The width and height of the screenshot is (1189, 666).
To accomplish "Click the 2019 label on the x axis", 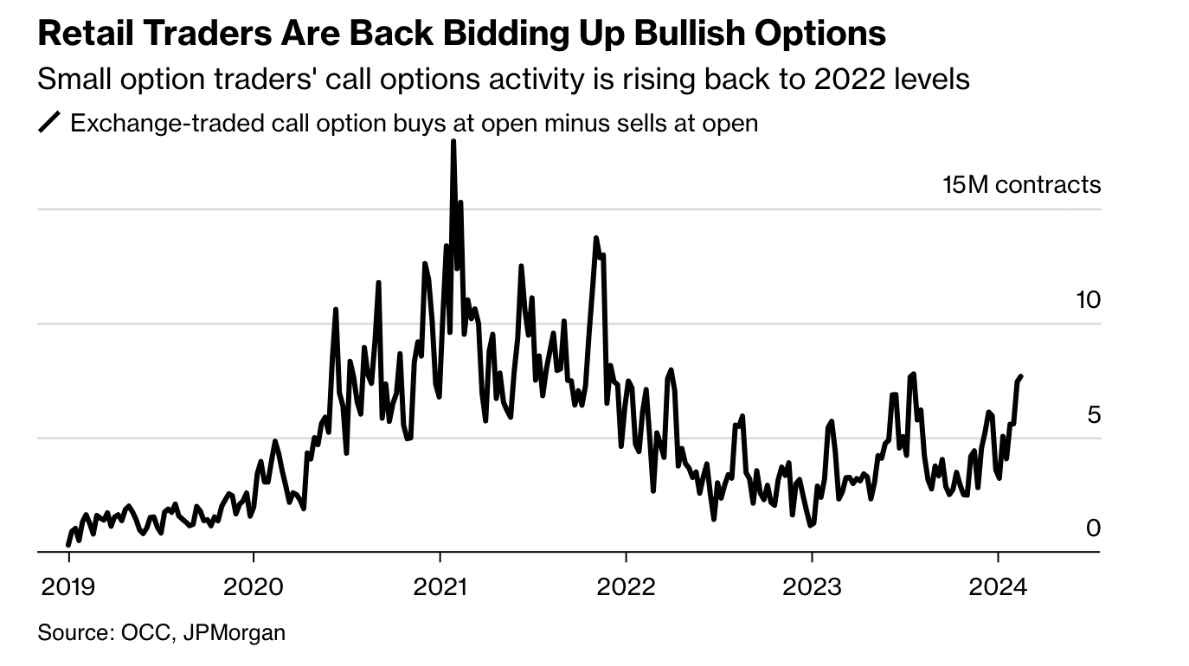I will click(x=67, y=587).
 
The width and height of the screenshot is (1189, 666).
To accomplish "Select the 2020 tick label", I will click(x=254, y=587).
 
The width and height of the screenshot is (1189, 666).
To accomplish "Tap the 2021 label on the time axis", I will click(x=440, y=587).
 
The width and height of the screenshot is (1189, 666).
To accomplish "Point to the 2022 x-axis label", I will click(x=626, y=587).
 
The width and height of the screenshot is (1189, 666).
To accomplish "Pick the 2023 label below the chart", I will click(x=812, y=587).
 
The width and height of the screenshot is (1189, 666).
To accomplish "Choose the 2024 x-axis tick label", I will click(x=998, y=587).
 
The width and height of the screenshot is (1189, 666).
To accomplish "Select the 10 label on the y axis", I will click(x=1086, y=300).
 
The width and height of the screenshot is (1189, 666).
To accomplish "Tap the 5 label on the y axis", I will click(x=1093, y=414).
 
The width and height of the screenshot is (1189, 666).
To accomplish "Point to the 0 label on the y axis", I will click(x=1093, y=528).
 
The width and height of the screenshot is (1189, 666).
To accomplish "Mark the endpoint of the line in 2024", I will click(x=1022, y=376).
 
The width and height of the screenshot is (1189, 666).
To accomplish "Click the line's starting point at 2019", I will click(x=68, y=545).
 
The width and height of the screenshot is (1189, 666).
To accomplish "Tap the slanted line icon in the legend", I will click(x=49, y=124).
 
